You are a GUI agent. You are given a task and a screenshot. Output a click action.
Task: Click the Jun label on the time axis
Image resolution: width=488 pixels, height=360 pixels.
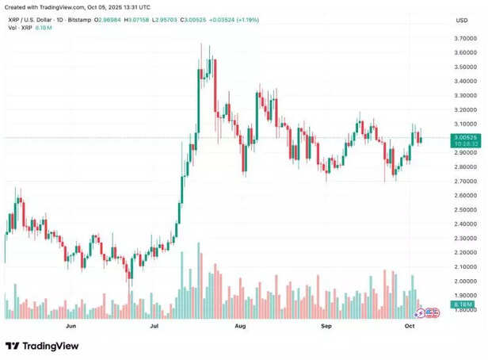[x=71, y=326]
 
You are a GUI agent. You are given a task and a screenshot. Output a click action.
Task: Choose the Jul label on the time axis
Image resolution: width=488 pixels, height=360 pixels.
[x=155, y=326]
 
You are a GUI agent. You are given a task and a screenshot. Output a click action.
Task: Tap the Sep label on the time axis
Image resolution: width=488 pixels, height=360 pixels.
[x=326, y=326]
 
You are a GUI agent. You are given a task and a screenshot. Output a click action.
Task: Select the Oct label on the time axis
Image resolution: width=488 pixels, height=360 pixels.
[x=410, y=326]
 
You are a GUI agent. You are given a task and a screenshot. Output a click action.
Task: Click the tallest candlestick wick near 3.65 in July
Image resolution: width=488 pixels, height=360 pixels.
[x=211, y=48]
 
